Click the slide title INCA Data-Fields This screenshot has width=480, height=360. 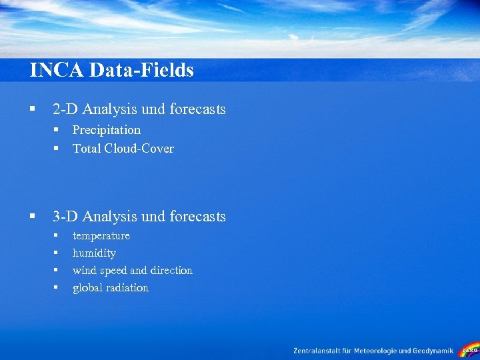pyautogui.click(x=111, y=70)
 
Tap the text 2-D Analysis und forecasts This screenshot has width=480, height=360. pyautogui.click(x=139, y=109)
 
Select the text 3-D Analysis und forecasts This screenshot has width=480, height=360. pyautogui.click(x=139, y=216)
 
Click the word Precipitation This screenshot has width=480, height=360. pyautogui.click(x=106, y=129)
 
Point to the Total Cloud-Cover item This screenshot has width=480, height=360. pyautogui.click(x=123, y=148)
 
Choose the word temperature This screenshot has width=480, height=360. pyautogui.click(x=101, y=235)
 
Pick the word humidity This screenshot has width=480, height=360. pyautogui.click(x=94, y=253)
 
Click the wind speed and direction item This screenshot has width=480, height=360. pyautogui.click(x=132, y=270)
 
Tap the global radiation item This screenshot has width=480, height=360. pyautogui.click(x=110, y=287)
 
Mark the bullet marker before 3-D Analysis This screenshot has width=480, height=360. pyautogui.click(x=32, y=216)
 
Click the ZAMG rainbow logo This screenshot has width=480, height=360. pyautogui.click(x=469, y=349)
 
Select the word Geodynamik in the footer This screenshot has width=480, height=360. pyautogui.click(x=434, y=351)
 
